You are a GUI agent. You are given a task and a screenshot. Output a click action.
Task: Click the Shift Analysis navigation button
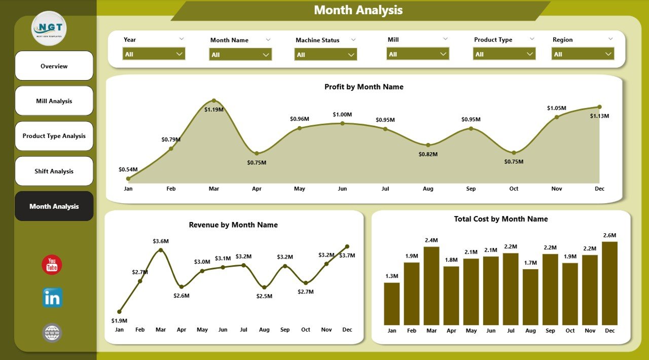54,171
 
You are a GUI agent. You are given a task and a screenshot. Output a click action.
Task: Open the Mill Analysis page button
54,101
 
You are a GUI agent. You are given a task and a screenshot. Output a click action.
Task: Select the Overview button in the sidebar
54,66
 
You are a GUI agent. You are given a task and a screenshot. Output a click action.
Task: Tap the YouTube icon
52,265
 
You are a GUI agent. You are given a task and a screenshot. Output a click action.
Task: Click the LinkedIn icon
52,298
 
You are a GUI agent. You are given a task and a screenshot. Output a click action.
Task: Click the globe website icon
52,333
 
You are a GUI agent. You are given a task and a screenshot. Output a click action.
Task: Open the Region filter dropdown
583,54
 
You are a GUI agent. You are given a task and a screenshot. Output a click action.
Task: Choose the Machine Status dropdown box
326,54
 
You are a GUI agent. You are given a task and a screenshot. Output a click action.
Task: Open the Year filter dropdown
154,54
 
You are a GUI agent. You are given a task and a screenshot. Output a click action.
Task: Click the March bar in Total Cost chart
431,285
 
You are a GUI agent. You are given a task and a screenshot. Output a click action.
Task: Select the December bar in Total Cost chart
609,283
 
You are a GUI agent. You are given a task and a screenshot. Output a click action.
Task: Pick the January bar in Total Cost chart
391,303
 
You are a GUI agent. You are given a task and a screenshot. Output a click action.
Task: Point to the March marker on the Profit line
214,101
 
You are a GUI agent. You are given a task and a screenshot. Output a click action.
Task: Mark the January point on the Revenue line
119,312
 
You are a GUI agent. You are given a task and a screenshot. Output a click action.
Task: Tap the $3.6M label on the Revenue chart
160,241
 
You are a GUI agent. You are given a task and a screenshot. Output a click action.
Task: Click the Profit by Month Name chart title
364,87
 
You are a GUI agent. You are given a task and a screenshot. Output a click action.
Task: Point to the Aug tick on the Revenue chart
264,330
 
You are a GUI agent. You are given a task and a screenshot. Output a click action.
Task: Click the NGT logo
49,28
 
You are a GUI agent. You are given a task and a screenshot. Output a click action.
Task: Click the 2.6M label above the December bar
609,235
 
